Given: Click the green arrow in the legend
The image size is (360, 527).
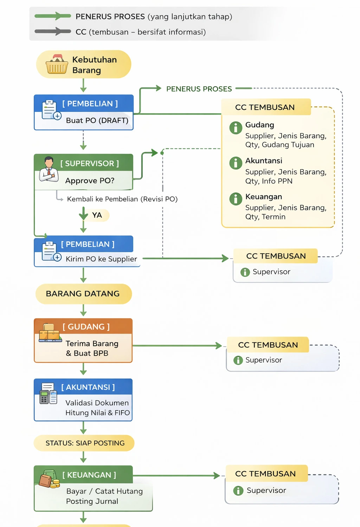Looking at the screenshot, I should (53, 16).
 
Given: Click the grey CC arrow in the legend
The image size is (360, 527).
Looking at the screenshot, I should (53, 32).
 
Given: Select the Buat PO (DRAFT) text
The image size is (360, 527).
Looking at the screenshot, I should (97, 120).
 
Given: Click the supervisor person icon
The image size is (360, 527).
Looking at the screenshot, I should (49, 169).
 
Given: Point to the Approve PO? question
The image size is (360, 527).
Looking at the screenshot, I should (90, 180).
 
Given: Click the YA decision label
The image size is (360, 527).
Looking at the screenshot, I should (97, 215).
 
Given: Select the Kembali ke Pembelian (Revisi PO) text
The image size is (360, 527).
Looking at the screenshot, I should (122, 199).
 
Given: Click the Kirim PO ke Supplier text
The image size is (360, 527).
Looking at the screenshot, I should (101, 259).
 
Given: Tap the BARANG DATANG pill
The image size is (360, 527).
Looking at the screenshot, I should (83, 294).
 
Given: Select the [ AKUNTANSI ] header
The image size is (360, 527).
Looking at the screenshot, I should (88, 387).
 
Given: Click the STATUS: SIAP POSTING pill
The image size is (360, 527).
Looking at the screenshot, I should (84, 443).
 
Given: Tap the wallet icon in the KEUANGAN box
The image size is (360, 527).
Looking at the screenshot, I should (49, 480).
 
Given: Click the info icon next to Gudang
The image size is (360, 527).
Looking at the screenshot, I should (236, 128).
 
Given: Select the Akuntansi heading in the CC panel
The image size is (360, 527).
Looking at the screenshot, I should (264, 161).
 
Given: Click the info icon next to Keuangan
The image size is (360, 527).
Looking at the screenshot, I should (236, 199).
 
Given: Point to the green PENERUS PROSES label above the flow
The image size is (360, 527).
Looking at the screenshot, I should (199, 89).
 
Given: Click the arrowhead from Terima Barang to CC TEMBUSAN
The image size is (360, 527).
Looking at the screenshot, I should (219, 346).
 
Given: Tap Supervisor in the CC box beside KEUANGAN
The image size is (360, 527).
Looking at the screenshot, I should (266, 490).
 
